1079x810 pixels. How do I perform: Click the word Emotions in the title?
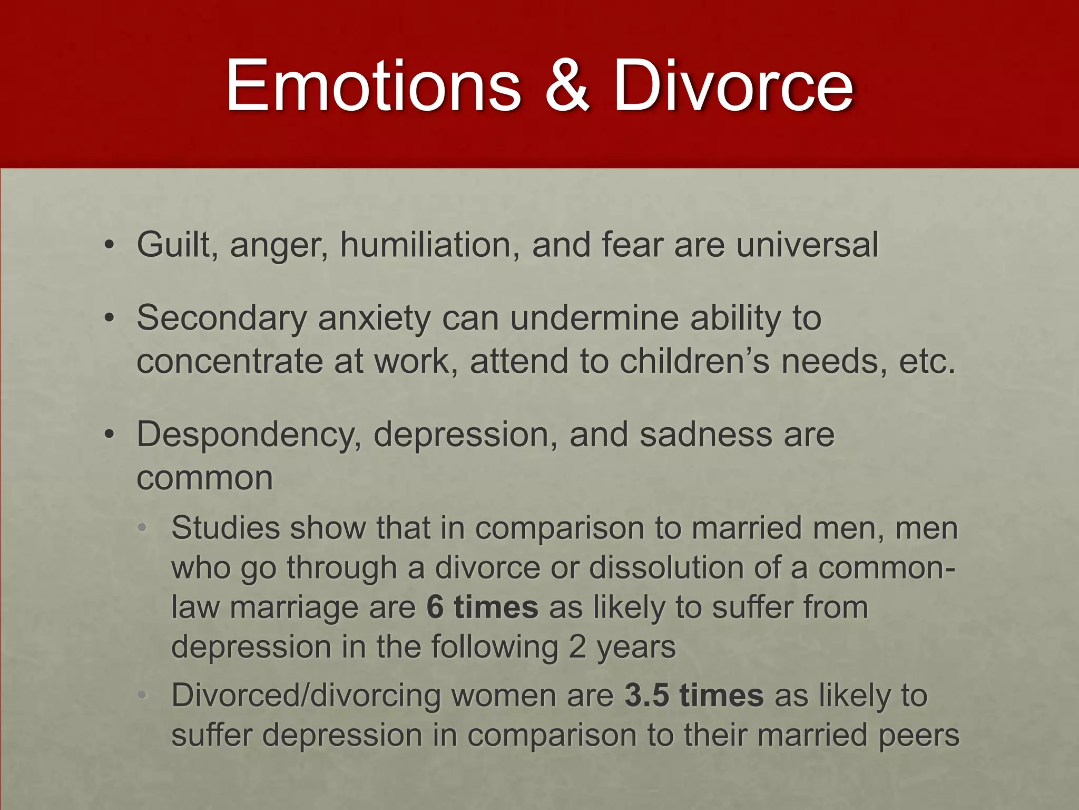click(374, 85)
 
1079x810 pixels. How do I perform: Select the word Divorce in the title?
click(733, 85)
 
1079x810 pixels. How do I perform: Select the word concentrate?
click(229, 362)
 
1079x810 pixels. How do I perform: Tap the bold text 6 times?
click(482, 607)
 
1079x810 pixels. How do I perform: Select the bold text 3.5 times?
click(694, 695)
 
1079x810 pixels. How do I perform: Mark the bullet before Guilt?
click(109, 246)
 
